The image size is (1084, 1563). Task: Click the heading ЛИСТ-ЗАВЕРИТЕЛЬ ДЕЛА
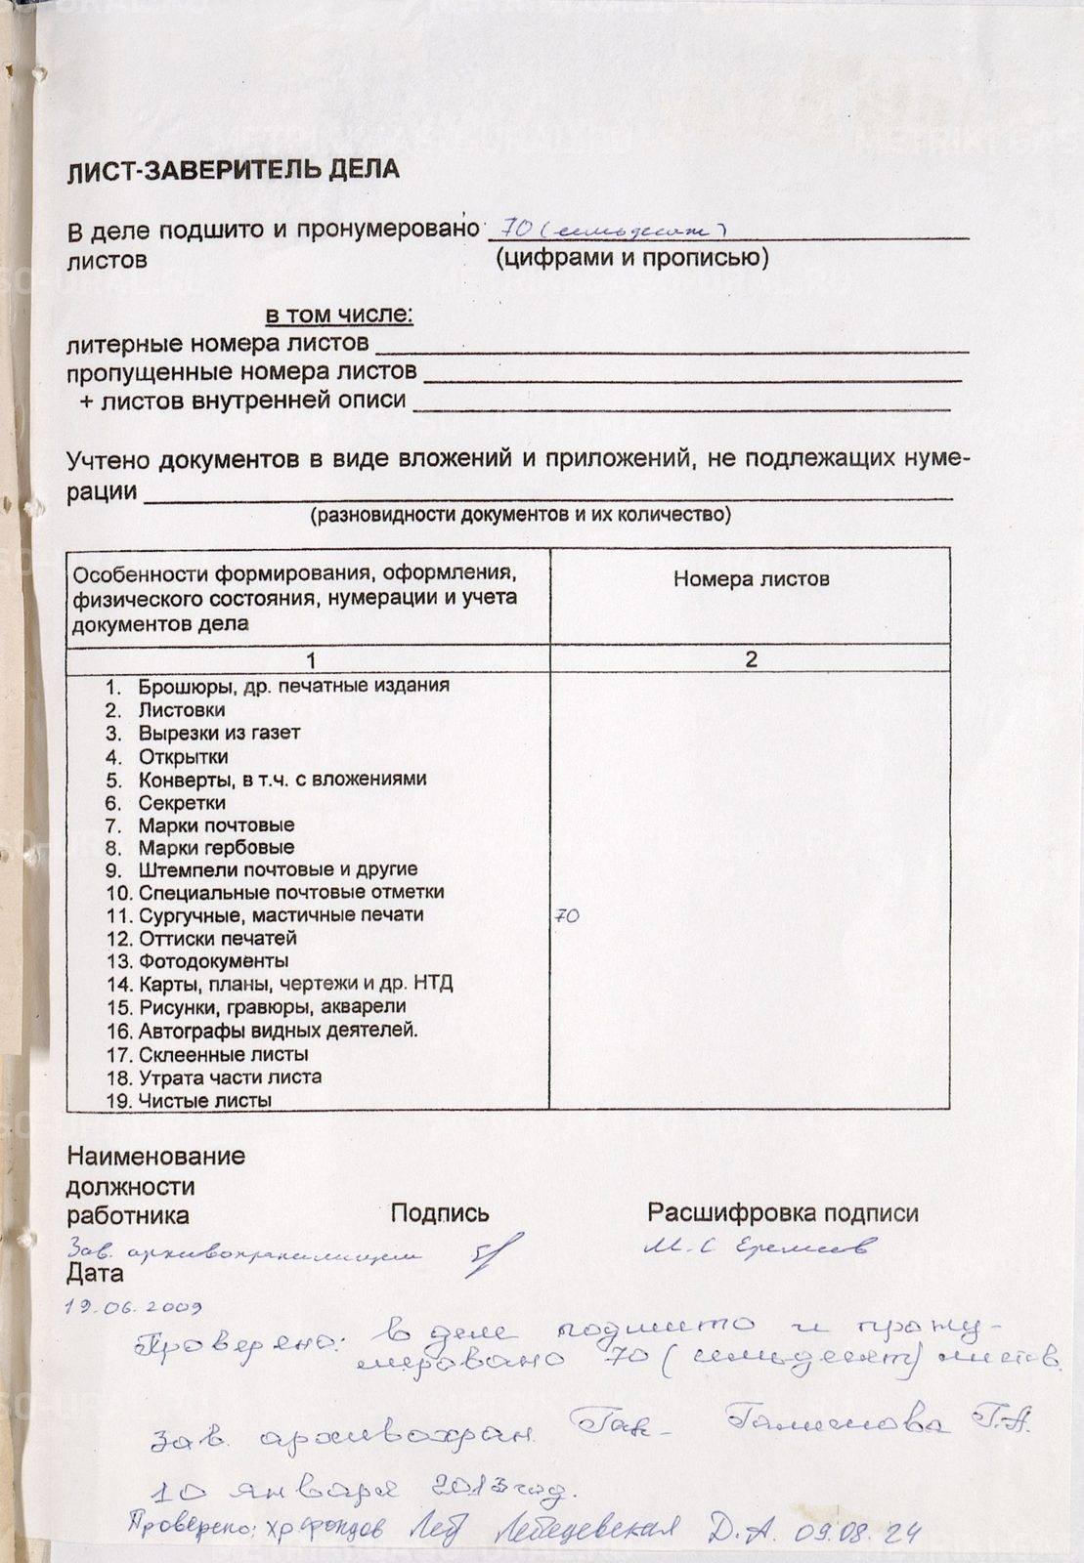pos(233,169)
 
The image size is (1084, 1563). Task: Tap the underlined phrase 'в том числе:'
pos(339,316)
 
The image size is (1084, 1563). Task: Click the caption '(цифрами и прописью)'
pos(631,258)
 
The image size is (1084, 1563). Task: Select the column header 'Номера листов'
pos(751,579)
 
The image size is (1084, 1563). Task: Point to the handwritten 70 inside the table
pos(567,916)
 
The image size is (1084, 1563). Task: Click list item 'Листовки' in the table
pos(182,710)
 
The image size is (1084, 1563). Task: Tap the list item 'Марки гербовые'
pos(216,848)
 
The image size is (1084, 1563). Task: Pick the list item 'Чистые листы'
pos(204,1101)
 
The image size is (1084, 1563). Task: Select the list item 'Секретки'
pos(182,803)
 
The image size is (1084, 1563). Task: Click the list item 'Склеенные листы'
pos(223,1055)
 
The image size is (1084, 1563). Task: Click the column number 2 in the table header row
pos(751,659)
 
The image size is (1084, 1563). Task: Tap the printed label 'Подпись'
pos(440,1214)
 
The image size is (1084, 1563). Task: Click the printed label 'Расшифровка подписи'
pos(782,1213)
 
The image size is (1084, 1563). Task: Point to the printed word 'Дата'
pos(95,1274)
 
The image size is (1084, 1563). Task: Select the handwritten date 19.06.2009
pos(134,1306)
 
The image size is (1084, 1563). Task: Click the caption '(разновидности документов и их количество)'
pos(520,515)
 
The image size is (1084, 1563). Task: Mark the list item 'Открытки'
pos(183,757)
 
